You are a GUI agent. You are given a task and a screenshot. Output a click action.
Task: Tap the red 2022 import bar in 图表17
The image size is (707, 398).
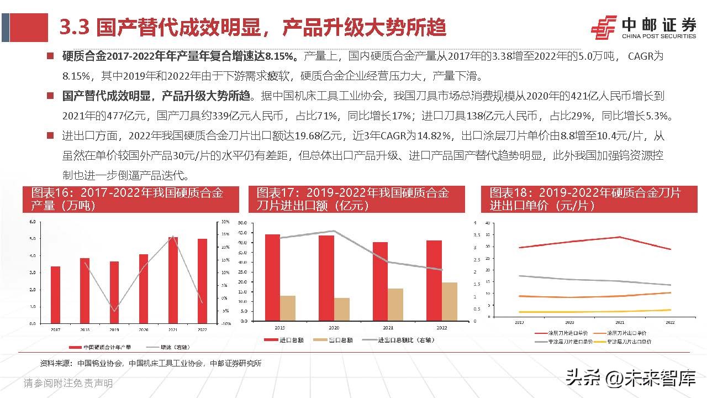(434, 281)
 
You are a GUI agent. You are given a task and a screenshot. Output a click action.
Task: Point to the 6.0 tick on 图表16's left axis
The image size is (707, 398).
(32, 222)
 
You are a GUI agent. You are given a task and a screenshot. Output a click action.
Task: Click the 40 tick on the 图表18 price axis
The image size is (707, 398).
(487, 223)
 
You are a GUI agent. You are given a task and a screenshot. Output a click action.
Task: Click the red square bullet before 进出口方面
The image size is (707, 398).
(50, 135)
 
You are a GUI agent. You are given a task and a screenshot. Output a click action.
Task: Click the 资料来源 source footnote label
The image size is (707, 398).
(56, 363)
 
